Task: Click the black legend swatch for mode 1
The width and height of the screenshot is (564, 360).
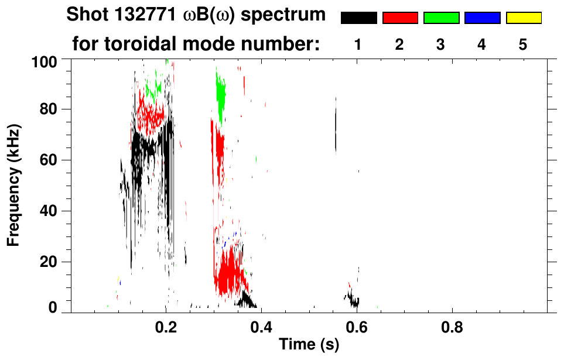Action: (358, 18)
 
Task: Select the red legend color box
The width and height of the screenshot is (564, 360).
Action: (400, 18)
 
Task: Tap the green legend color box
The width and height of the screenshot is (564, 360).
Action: (441, 18)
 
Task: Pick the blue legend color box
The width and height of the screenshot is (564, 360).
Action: (482, 18)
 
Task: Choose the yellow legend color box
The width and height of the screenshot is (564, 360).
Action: (523, 18)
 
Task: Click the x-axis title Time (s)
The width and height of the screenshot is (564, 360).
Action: (309, 345)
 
